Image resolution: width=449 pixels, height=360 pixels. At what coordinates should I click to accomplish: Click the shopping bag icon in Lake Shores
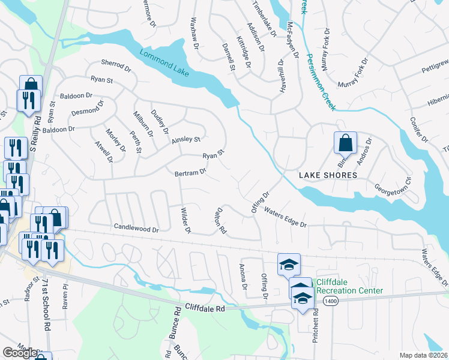pyautogui.click(x=345, y=143)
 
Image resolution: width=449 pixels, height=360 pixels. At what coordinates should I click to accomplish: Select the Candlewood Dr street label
pyautogui.click(x=136, y=229)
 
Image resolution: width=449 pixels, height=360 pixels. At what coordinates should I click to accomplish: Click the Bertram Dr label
pyautogui.click(x=190, y=172)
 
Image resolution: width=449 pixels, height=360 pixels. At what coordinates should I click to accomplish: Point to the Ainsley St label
pyautogui.click(x=185, y=139)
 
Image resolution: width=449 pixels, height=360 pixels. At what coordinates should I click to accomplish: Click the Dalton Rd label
pyautogui.click(x=219, y=221)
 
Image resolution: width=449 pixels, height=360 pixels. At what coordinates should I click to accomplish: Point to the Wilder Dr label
pyautogui.click(x=185, y=221)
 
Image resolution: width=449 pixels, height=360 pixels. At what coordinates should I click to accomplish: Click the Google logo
pyautogui.click(x=19, y=353)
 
